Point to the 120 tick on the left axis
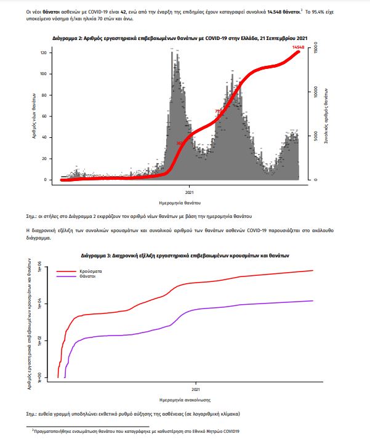(43, 52)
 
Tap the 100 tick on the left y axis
(43, 74)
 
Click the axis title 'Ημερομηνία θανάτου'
(181, 202)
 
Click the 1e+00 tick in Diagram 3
(40, 376)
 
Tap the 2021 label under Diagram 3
(196, 390)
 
